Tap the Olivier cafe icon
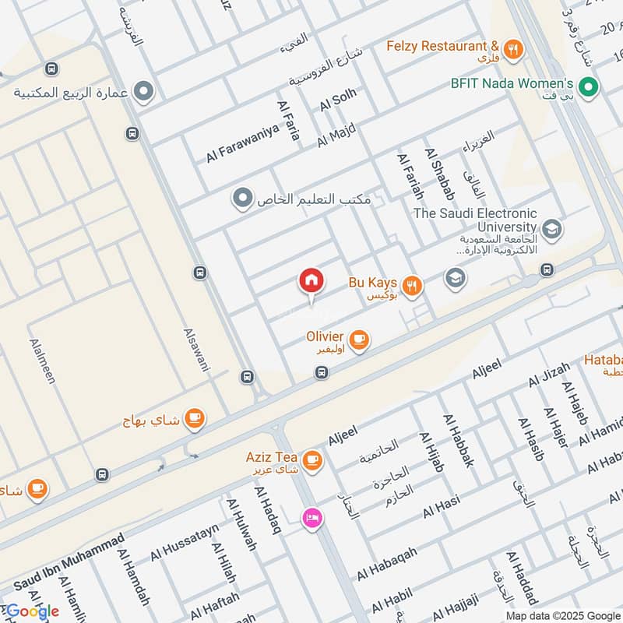point(359,340)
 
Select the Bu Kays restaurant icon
point(414,285)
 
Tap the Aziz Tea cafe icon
point(313,460)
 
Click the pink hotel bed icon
point(311,517)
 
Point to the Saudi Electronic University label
point(475,220)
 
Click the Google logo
point(33,611)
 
